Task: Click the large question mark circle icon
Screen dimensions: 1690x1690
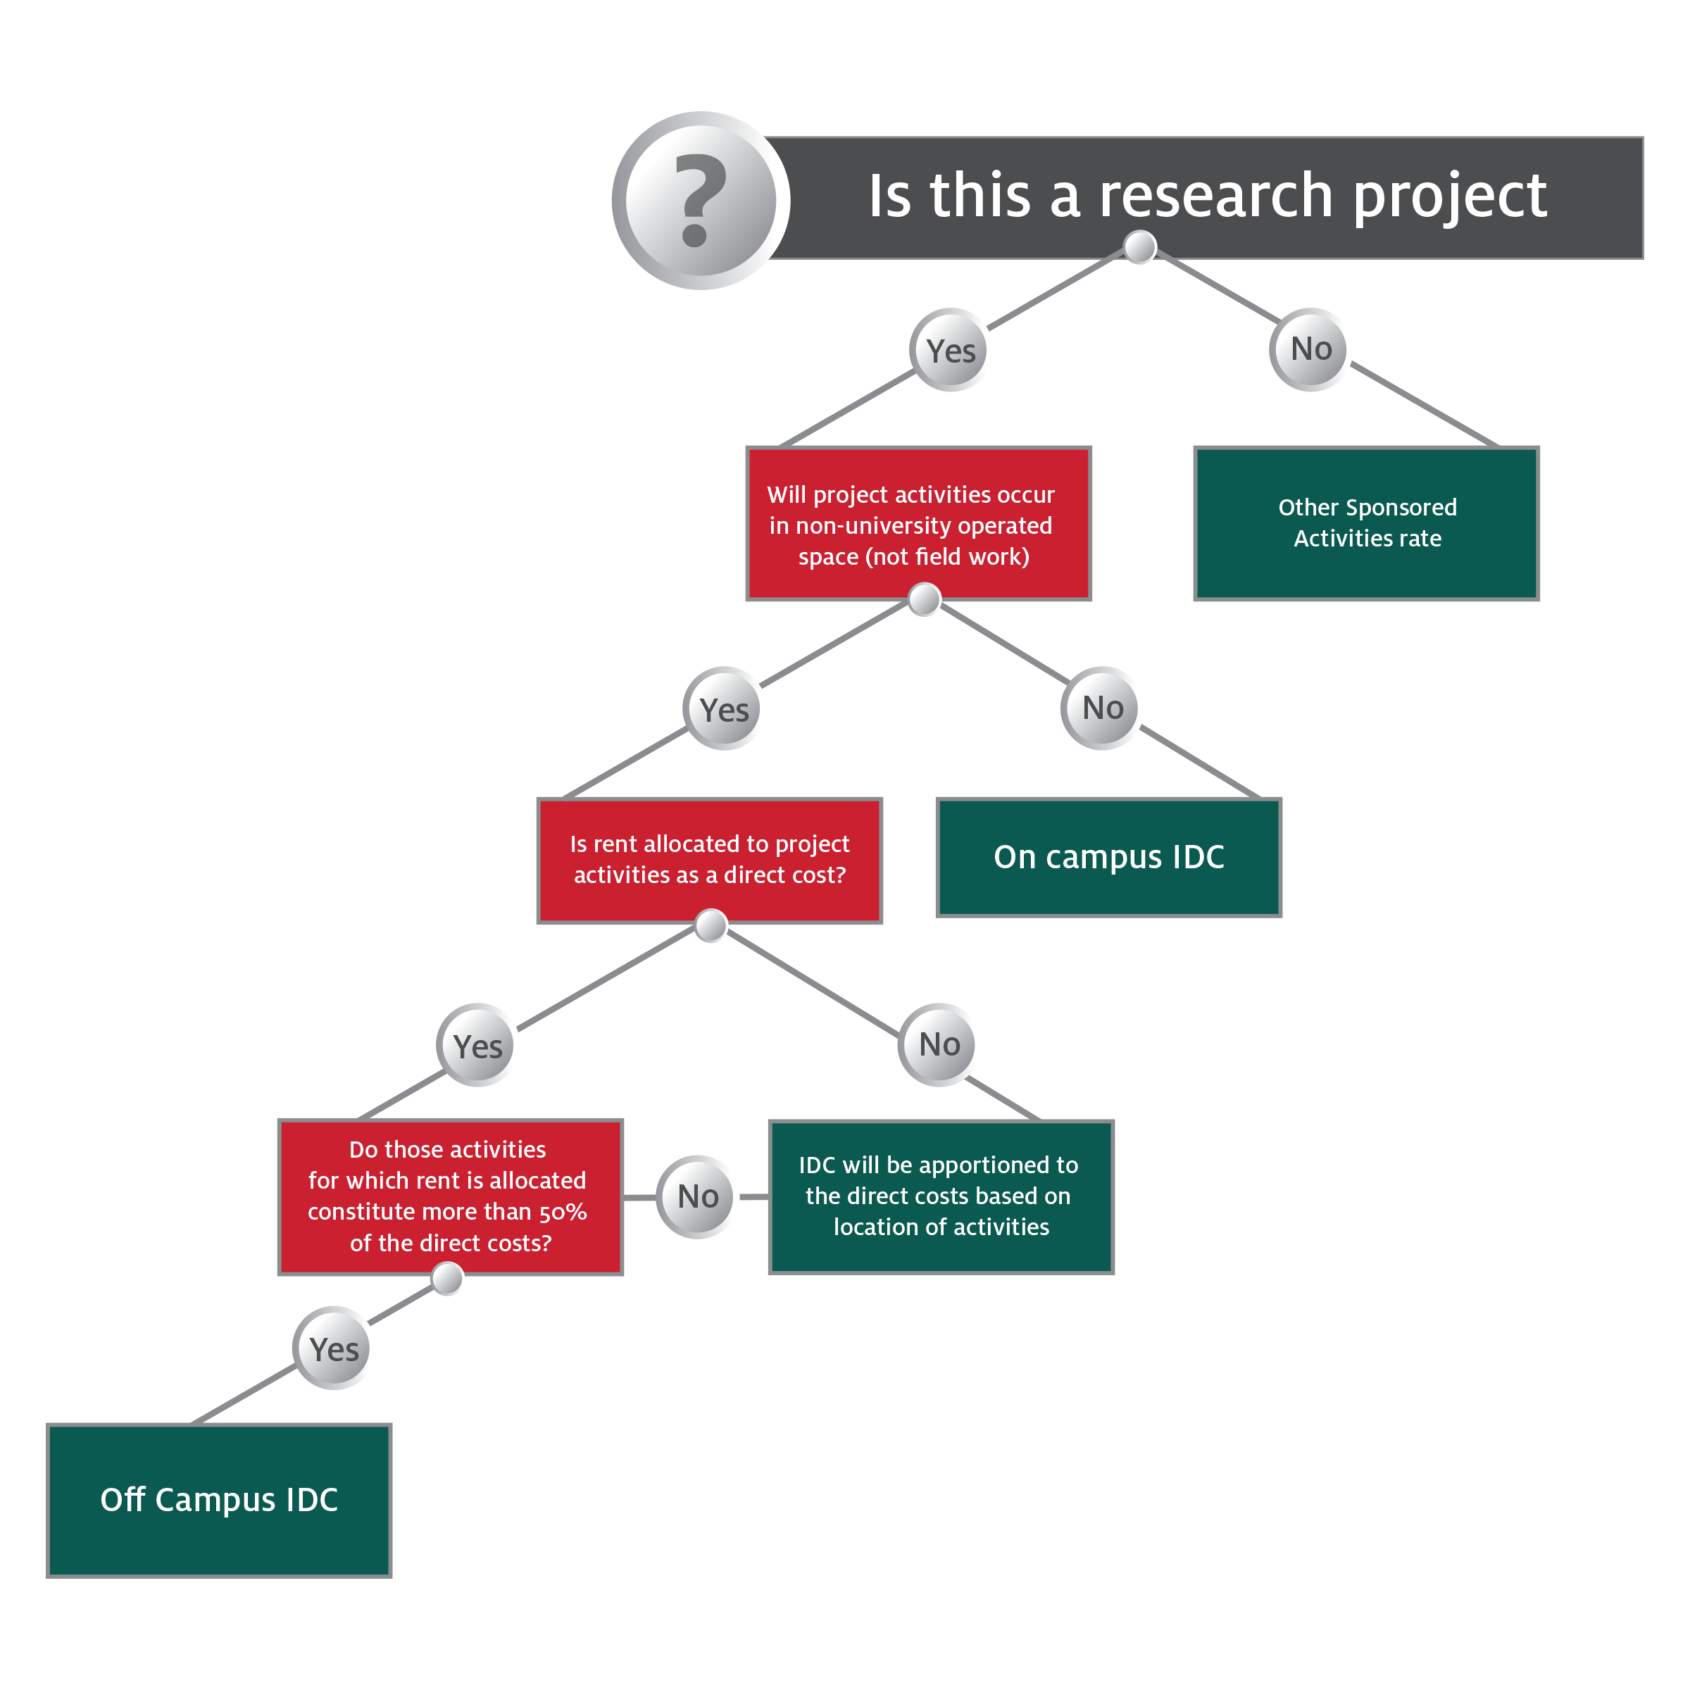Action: click(x=701, y=200)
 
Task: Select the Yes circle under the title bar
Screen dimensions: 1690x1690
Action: click(x=951, y=350)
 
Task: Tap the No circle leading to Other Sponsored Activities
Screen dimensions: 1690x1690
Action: click(x=1310, y=349)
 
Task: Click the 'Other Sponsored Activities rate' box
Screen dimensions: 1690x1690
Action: click(x=1366, y=523)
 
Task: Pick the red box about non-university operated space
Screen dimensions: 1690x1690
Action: click(x=918, y=524)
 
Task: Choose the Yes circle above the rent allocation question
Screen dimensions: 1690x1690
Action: click(x=725, y=708)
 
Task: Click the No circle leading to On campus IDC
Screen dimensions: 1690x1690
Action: click(x=1102, y=708)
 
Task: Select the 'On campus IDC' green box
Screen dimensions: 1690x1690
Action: click(x=1108, y=857)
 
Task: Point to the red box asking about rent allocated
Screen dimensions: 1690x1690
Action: click(x=709, y=860)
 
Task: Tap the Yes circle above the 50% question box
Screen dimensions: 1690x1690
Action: click(x=477, y=1045)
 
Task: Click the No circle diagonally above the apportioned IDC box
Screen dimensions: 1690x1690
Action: click(x=939, y=1044)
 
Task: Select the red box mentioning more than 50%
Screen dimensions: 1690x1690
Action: click(x=450, y=1196)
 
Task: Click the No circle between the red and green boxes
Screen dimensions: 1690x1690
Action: click(x=697, y=1196)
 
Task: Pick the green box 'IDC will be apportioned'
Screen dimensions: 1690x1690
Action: click(x=940, y=1196)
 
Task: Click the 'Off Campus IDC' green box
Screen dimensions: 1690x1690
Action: click(x=219, y=1500)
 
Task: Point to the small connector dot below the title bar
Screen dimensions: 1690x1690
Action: click(x=1140, y=248)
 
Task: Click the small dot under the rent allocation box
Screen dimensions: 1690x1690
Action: click(x=711, y=925)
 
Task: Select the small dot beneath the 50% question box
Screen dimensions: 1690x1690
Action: click(x=448, y=1279)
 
